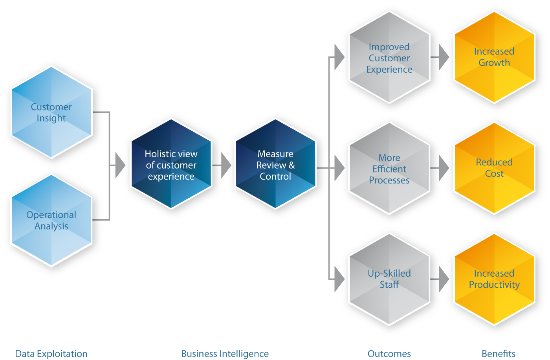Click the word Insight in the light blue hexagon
click(51, 118)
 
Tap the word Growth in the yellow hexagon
click(494, 63)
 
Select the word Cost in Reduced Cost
click(494, 174)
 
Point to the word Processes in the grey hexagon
click(389, 180)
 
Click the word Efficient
click(389, 169)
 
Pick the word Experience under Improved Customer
click(389, 70)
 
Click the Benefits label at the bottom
click(499, 354)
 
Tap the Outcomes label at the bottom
click(389, 354)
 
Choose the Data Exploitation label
click(51, 354)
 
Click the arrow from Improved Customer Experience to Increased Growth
click(444, 57)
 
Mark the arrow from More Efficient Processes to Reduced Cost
click(444, 168)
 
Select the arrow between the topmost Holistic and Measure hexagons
click(226, 165)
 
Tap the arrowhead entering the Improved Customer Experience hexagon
click(339, 57)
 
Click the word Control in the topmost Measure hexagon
click(275, 176)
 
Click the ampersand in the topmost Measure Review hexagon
click(291, 165)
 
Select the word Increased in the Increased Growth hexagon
click(494, 51)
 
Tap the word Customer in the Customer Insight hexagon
click(51, 107)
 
